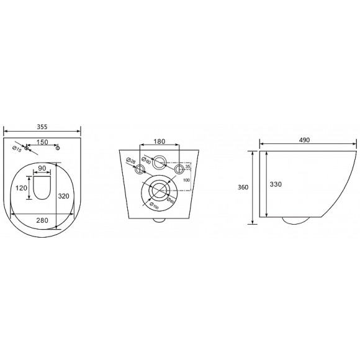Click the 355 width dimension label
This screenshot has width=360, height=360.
tap(42, 126)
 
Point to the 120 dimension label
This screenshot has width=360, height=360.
tap(22, 187)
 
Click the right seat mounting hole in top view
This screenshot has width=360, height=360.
tap(57, 148)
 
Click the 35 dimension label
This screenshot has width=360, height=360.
tap(187, 167)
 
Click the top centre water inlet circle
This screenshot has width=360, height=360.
tap(160, 163)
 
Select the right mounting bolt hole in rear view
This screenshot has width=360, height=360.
tap(179, 168)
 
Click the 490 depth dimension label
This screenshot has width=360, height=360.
tap(304, 141)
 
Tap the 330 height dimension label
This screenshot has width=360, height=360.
tap(274, 184)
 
